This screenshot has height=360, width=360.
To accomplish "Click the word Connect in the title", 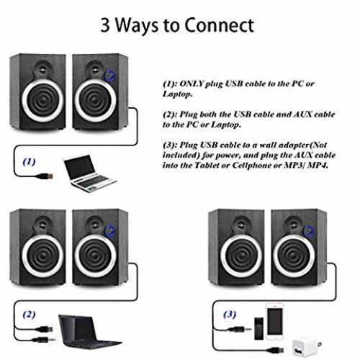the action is (x=219, y=25).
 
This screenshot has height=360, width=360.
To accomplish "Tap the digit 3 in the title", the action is (x=105, y=25).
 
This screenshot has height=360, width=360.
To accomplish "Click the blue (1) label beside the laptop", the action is (x=29, y=162).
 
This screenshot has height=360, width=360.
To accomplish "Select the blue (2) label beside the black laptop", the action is (x=29, y=315).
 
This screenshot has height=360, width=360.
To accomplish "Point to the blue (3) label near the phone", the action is (x=230, y=315).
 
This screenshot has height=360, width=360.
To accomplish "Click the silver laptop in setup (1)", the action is (x=89, y=173).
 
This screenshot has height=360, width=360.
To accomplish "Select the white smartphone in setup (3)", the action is (x=274, y=321).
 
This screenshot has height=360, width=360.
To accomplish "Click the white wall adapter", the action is (x=306, y=347).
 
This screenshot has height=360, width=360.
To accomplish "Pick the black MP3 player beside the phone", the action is (x=259, y=328).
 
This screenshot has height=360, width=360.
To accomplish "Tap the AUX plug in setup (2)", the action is (x=45, y=340).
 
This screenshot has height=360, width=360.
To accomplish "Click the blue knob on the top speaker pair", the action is (x=109, y=75).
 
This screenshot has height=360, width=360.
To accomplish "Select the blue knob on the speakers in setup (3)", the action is (x=309, y=230).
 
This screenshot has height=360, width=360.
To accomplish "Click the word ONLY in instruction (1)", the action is (x=192, y=84).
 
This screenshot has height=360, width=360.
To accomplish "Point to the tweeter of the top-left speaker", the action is (x=43, y=68).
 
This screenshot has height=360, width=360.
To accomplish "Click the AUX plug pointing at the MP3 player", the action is (x=240, y=330).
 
